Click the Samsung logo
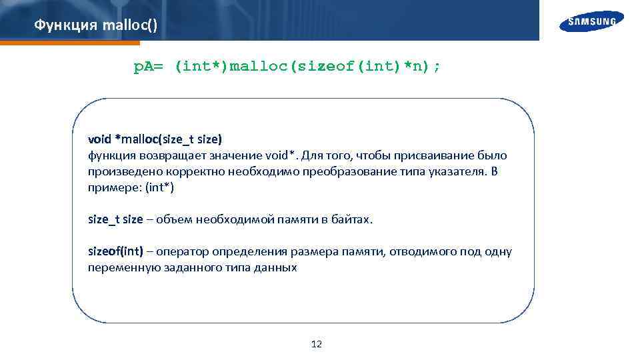pyautogui.click(x=592, y=21)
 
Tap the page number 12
pyautogui.click(x=317, y=344)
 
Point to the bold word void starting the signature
pyautogui.click(x=100, y=139)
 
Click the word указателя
pyautogui.click(x=456, y=171)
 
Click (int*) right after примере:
pyautogui.click(x=159, y=187)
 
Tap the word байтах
pyautogui.click(x=353, y=219)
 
